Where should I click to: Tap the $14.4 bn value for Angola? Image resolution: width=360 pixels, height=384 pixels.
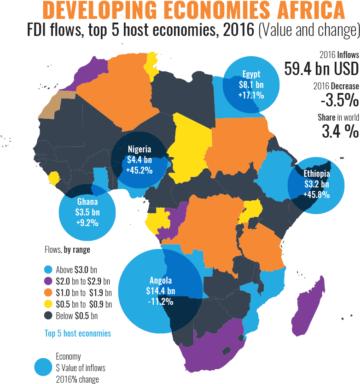(161, 291)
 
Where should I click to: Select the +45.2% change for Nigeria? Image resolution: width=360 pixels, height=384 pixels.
(139, 170)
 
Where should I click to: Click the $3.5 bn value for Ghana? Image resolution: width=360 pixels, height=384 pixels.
(87, 213)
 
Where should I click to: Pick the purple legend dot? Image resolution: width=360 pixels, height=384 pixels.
(48, 281)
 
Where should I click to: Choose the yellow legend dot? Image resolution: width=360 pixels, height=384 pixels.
(48, 304)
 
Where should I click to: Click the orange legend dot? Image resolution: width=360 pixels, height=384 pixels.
(48, 292)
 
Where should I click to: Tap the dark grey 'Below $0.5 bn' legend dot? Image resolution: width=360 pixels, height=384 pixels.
(48, 316)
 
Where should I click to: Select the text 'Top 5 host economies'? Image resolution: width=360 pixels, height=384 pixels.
(78, 333)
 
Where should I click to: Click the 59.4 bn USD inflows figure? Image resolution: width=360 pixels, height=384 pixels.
(321, 69)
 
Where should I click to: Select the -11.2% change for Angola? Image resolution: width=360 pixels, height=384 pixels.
(161, 302)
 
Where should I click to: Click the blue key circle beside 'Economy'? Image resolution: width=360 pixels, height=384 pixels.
(44, 367)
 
